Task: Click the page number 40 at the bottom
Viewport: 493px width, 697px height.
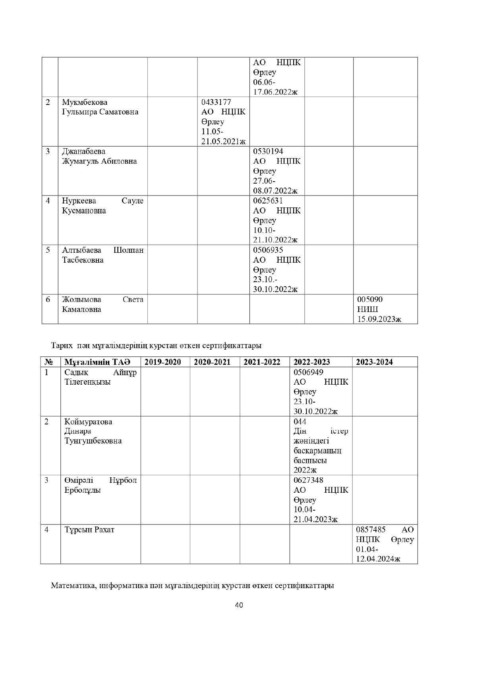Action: click(x=239, y=605)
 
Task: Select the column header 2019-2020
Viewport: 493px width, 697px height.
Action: click(x=162, y=362)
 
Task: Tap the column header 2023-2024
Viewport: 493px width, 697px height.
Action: click(x=374, y=362)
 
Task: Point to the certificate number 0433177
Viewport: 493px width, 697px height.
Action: click(x=216, y=102)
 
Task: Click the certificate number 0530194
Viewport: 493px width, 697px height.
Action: click(x=268, y=151)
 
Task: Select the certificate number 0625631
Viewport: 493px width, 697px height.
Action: click(x=268, y=201)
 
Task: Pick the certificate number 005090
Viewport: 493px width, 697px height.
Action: click(x=370, y=299)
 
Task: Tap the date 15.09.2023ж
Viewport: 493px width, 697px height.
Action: click(x=379, y=319)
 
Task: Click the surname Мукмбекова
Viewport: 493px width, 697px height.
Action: click(x=85, y=102)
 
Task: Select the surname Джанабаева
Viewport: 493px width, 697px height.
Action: click(x=84, y=151)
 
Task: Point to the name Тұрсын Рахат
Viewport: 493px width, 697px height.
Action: click(x=89, y=530)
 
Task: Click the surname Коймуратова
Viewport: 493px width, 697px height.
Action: click(x=88, y=422)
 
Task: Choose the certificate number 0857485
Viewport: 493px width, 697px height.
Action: click(x=371, y=530)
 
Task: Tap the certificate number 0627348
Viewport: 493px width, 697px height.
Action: click(x=308, y=480)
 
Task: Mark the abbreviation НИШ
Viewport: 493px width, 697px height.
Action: click(x=367, y=309)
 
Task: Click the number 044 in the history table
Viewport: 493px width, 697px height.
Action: click(x=300, y=422)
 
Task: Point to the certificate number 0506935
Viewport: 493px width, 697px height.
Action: click(x=268, y=250)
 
